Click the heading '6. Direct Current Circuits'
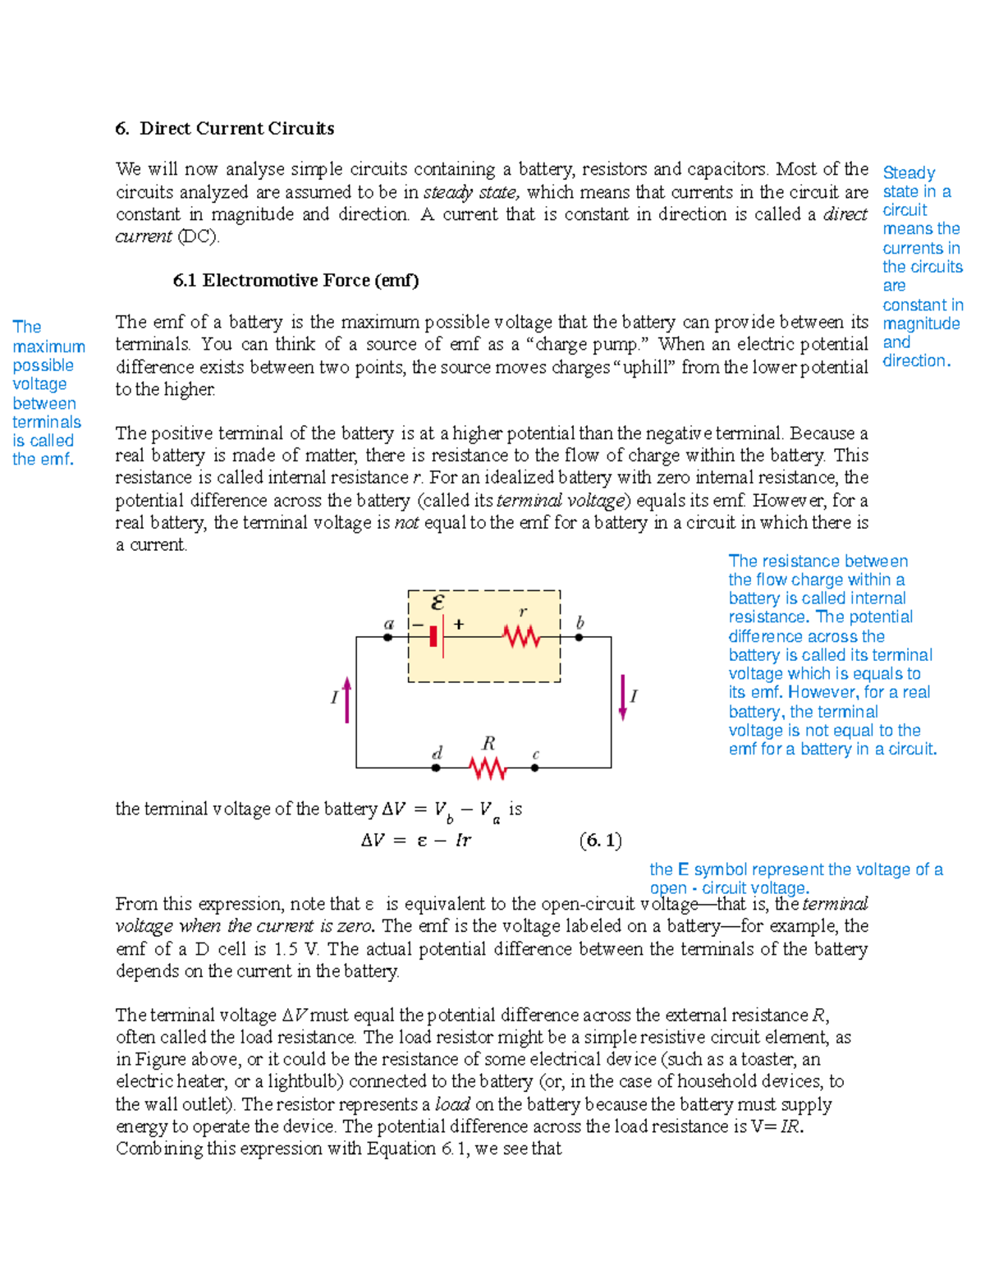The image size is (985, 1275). point(224,128)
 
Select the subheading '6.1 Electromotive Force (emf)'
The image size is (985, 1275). point(295,280)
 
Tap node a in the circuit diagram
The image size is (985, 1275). point(388,637)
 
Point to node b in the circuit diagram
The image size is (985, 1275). point(579,637)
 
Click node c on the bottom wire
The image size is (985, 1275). point(534,768)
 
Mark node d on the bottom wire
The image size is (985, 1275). point(436,768)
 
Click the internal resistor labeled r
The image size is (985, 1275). point(521,636)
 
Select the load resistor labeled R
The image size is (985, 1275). point(488,768)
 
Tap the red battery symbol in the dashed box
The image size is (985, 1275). point(434,636)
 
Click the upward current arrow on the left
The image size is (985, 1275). point(347,699)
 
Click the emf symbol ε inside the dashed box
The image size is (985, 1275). point(438,603)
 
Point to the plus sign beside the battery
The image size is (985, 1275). point(458,625)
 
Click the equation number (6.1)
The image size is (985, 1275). point(600,840)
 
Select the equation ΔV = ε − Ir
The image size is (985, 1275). point(416,840)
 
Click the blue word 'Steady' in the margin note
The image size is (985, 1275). point(909,172)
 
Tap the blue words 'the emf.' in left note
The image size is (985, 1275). point(43,460)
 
